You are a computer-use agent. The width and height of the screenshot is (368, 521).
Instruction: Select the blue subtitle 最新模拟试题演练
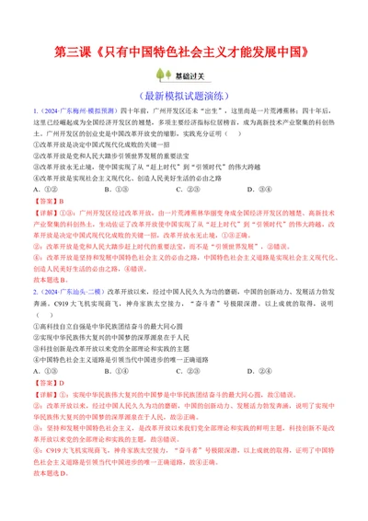(184, 94)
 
